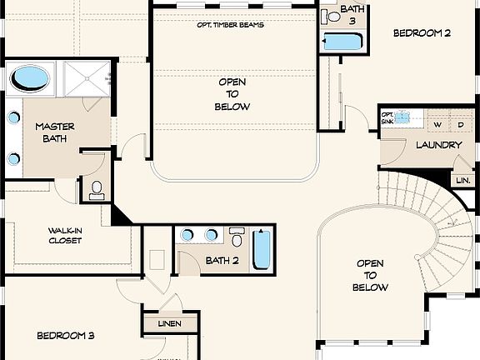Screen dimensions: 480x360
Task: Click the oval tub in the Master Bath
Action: point(30,78)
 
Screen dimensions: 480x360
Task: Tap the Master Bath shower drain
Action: point(87,78)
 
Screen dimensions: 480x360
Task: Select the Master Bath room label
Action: point(54,132)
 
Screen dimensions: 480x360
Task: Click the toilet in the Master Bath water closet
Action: point(97,190)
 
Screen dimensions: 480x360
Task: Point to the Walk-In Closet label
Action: point(65,235)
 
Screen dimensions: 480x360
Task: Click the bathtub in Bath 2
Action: point(262,249)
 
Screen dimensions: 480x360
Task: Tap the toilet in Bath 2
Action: point(237,237)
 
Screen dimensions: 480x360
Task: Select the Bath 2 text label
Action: point(222,261)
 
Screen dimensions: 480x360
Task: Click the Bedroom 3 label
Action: point(66,336)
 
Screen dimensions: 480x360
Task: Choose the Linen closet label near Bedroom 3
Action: point(170,323)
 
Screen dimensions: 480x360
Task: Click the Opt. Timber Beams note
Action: point(231,25)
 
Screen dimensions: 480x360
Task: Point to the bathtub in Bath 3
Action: point(343,42)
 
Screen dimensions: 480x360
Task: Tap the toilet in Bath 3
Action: point(331,17)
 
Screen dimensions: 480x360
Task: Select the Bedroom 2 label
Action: point(422,32)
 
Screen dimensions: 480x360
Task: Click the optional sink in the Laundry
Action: point(402,117)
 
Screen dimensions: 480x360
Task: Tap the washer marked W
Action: point(438,125)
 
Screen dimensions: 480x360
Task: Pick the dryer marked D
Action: point(461,125)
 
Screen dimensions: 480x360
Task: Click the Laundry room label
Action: point(439,145)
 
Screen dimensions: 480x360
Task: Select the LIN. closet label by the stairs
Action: point(463,180)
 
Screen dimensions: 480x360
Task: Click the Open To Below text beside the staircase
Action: point(370,275)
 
